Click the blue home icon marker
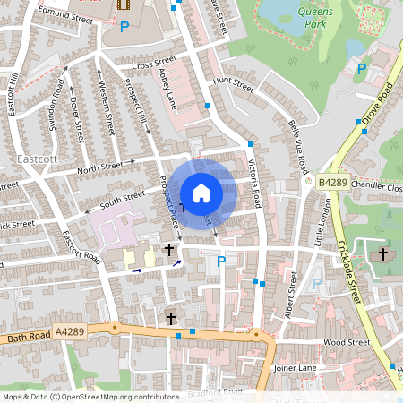[201, 193]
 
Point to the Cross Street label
[153, 64]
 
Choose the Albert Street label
[290, 296]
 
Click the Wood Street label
[346, 342]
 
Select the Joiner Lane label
[298, 366]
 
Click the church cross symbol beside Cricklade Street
[382, 254]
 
